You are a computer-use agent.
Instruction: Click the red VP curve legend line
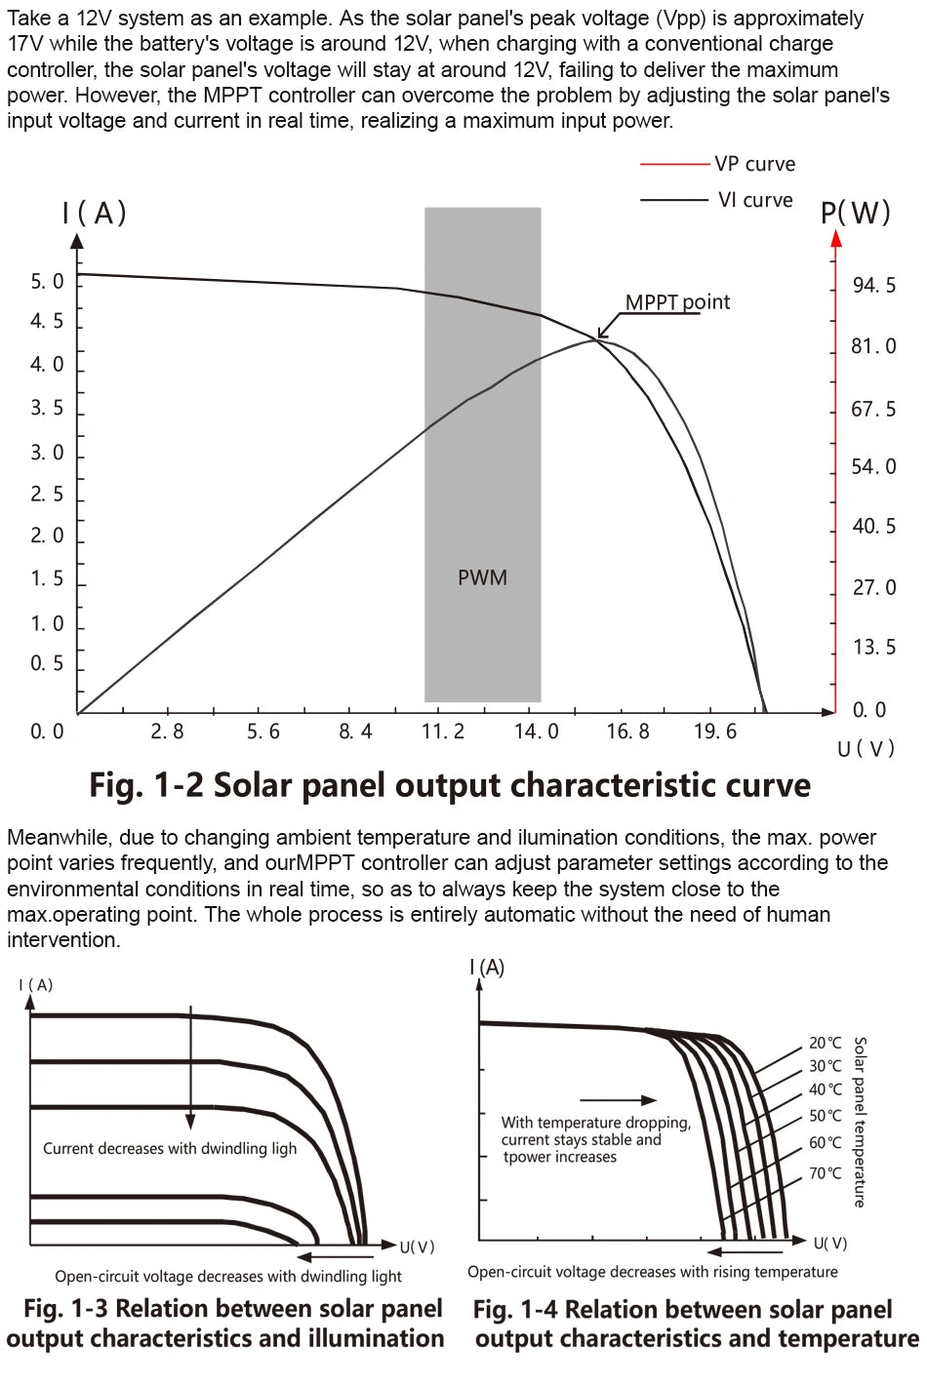click(x=674, y=164)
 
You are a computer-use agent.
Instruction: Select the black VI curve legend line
click(x=674, y=200)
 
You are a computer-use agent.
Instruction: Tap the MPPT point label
click(x=677, y=302)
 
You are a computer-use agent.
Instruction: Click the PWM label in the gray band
click(x=482, y=577)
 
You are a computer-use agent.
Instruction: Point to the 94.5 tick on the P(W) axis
click(x=873, y=286)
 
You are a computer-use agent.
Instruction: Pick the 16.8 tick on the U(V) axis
click(x=627, y=732)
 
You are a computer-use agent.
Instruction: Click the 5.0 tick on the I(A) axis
click(x=47, y=282)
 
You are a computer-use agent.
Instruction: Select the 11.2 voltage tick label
click(x=443, y=732)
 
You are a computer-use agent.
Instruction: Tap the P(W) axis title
click(x=856, y=213)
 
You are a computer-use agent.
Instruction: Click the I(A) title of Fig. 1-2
click(x=95, y=213)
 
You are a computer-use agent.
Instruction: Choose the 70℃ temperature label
click(x=825, y=1173)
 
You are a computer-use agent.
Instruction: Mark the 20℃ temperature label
click(x=825, y=1043)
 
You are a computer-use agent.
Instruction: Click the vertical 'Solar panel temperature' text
click(x=860, y=1122)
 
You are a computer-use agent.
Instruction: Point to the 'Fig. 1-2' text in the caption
click(x=146, y=785)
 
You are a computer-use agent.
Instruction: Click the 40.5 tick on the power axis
click(x=873, y=527)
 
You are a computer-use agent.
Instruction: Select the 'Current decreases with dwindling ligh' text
click(x=170, y=1149)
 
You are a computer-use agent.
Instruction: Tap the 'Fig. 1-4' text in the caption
click(x=514, y=1309)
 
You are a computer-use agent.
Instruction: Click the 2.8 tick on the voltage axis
click(x=167, y=732)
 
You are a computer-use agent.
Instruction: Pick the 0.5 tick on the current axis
click(x=47, y=663)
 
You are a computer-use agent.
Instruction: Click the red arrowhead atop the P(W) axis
click(x=836, y=237)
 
